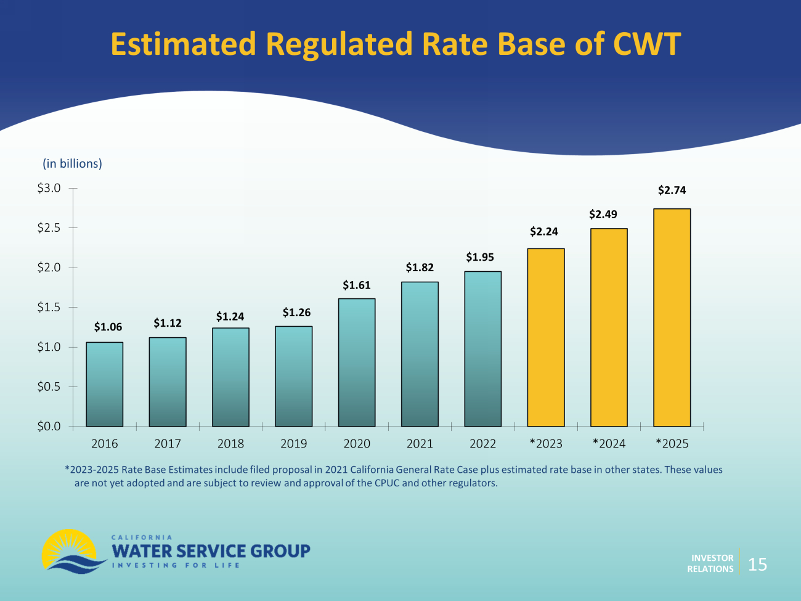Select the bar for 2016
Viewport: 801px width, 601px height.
pyautogui.click(x=104, y=384)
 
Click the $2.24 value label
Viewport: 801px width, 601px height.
pyautogui.click(x=543, y=232)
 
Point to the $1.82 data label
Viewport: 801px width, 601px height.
pyautogui.click(x=420, y=268)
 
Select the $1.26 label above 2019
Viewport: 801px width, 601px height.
pyautogui.click(x=296, y=313)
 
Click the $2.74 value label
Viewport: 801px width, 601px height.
pyautogui.click(x=672, y=190)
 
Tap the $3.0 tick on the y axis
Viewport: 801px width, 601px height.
pyautogui.click(x=49, y=188)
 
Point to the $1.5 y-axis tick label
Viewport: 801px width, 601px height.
pyautogui.click(x=49, y=307)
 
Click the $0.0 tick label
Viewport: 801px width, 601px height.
pyautogui.click(x=49, y=426)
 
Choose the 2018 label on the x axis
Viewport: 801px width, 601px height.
pyautogui.click(x=230, y=444)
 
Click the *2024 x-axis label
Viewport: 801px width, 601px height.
pyautogui.click(x=609, y=444)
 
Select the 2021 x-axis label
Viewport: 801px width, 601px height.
pyautogui.click(x=420, y=444)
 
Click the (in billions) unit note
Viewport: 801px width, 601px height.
pyautogui.click(x=72, y=163)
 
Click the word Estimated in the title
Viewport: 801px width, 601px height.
pyautogui.click(x=183, y=44)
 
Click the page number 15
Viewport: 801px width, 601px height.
pyautogui.click(x=757, y=564)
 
